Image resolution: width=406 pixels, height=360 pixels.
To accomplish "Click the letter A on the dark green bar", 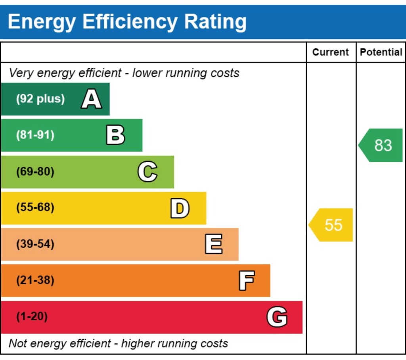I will coord(91,99).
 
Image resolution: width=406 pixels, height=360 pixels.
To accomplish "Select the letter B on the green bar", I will coord(115,135).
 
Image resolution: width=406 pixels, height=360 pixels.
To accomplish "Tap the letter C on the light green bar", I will coord(147,172).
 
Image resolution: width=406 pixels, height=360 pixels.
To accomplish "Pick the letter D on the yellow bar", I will coord(180,208).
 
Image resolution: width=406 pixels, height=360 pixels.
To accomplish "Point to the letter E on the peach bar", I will coord(213,244).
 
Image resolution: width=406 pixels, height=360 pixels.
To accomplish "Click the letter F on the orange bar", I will coord(246,281).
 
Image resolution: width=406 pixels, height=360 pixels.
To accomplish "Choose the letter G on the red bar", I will coord(277,317).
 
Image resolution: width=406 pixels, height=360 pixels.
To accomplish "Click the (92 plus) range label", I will coord(40,99).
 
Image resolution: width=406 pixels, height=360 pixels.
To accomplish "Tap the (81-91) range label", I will coord(35,135).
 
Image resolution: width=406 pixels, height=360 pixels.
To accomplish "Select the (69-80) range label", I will coord(35,172).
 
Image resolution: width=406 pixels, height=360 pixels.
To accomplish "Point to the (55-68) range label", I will coord(35,208).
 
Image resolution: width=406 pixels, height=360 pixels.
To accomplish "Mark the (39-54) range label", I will coord(35,244).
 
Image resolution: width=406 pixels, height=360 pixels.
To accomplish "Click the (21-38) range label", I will coord(35,281).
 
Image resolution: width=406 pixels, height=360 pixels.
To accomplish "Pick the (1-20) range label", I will coord(32,317).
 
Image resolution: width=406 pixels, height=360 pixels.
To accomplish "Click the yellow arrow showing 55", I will coord(331,225).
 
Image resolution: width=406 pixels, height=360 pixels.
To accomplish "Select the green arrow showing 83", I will coord(381,145).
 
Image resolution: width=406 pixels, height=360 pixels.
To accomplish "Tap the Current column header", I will coord(331,52).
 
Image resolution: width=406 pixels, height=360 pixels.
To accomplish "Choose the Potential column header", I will coord(381,52).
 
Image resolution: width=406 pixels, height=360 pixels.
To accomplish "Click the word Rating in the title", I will coord(215,22).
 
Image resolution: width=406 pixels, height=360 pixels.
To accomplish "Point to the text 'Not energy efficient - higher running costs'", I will coord(118,343).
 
